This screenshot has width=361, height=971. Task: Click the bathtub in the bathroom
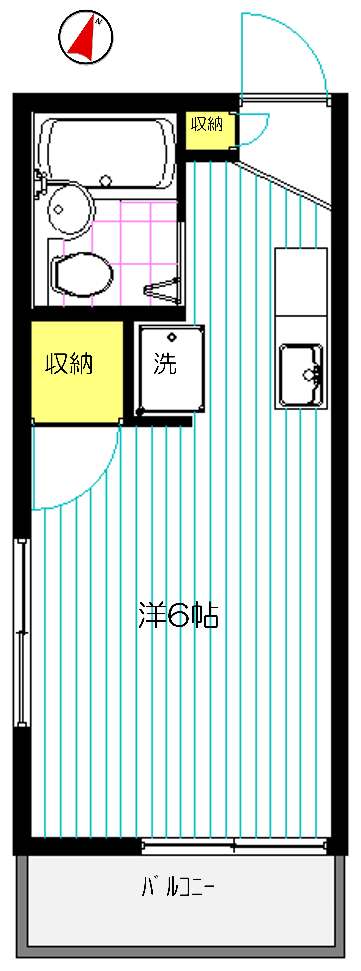coord(107,153)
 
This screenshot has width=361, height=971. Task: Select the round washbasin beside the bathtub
coord(70,209)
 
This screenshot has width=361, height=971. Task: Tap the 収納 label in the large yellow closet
coord(69,364)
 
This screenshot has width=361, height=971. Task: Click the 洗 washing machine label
coord(165,364)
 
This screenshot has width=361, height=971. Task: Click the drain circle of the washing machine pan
coord(172,337)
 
